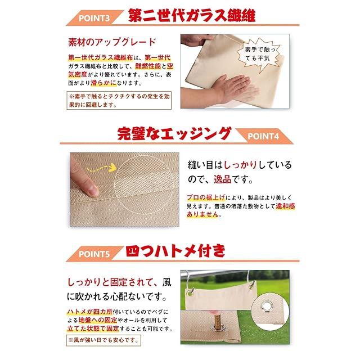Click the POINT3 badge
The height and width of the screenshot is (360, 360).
[x=94, y=18]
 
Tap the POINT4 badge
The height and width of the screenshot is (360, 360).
[x=263, y=136]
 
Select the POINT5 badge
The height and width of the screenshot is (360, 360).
[x=94, y=254]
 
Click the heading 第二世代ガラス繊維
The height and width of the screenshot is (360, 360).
[x=192, y=16]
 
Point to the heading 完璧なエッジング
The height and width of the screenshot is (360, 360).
[x=174, y=134]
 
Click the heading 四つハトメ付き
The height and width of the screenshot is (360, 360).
[x=175, y=251]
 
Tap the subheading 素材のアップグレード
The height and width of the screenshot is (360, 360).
[x=112, y=42]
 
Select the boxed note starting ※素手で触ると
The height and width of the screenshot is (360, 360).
[x=119, y=101]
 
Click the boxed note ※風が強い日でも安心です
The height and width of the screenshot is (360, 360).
[x=103, y=340]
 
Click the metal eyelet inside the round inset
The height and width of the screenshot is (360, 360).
[x=267, y=307]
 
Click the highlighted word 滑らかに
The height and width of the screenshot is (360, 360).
[x=103, y=83]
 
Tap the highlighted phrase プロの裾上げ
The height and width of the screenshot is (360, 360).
[x=206, y=197]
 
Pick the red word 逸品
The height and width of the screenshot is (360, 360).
[x=223, y=179]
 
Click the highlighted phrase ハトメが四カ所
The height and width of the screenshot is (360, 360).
[x=90, y=312]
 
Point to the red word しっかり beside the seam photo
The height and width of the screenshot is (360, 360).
[x=240, y=165]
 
